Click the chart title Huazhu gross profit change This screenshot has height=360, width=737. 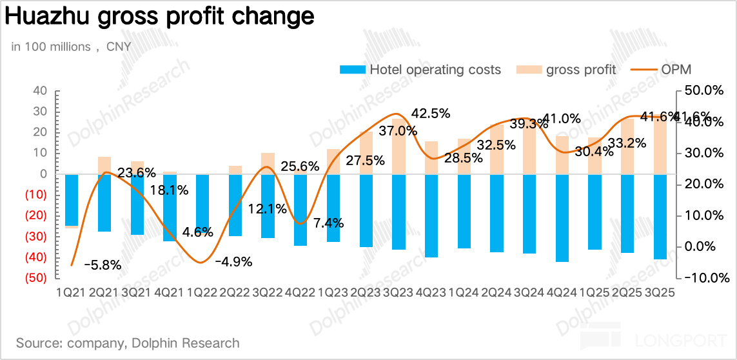[159, 17]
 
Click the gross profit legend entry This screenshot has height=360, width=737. [567, 70]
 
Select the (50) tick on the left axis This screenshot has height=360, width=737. [36, 278]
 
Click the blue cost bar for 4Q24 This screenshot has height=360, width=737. [562, 218]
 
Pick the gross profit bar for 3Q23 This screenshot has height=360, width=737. [398, 146]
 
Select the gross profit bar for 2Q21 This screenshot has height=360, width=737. [104, 165]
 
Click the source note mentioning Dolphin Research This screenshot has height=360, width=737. [128, 343]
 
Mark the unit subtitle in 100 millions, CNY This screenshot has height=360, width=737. [71, 46]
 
